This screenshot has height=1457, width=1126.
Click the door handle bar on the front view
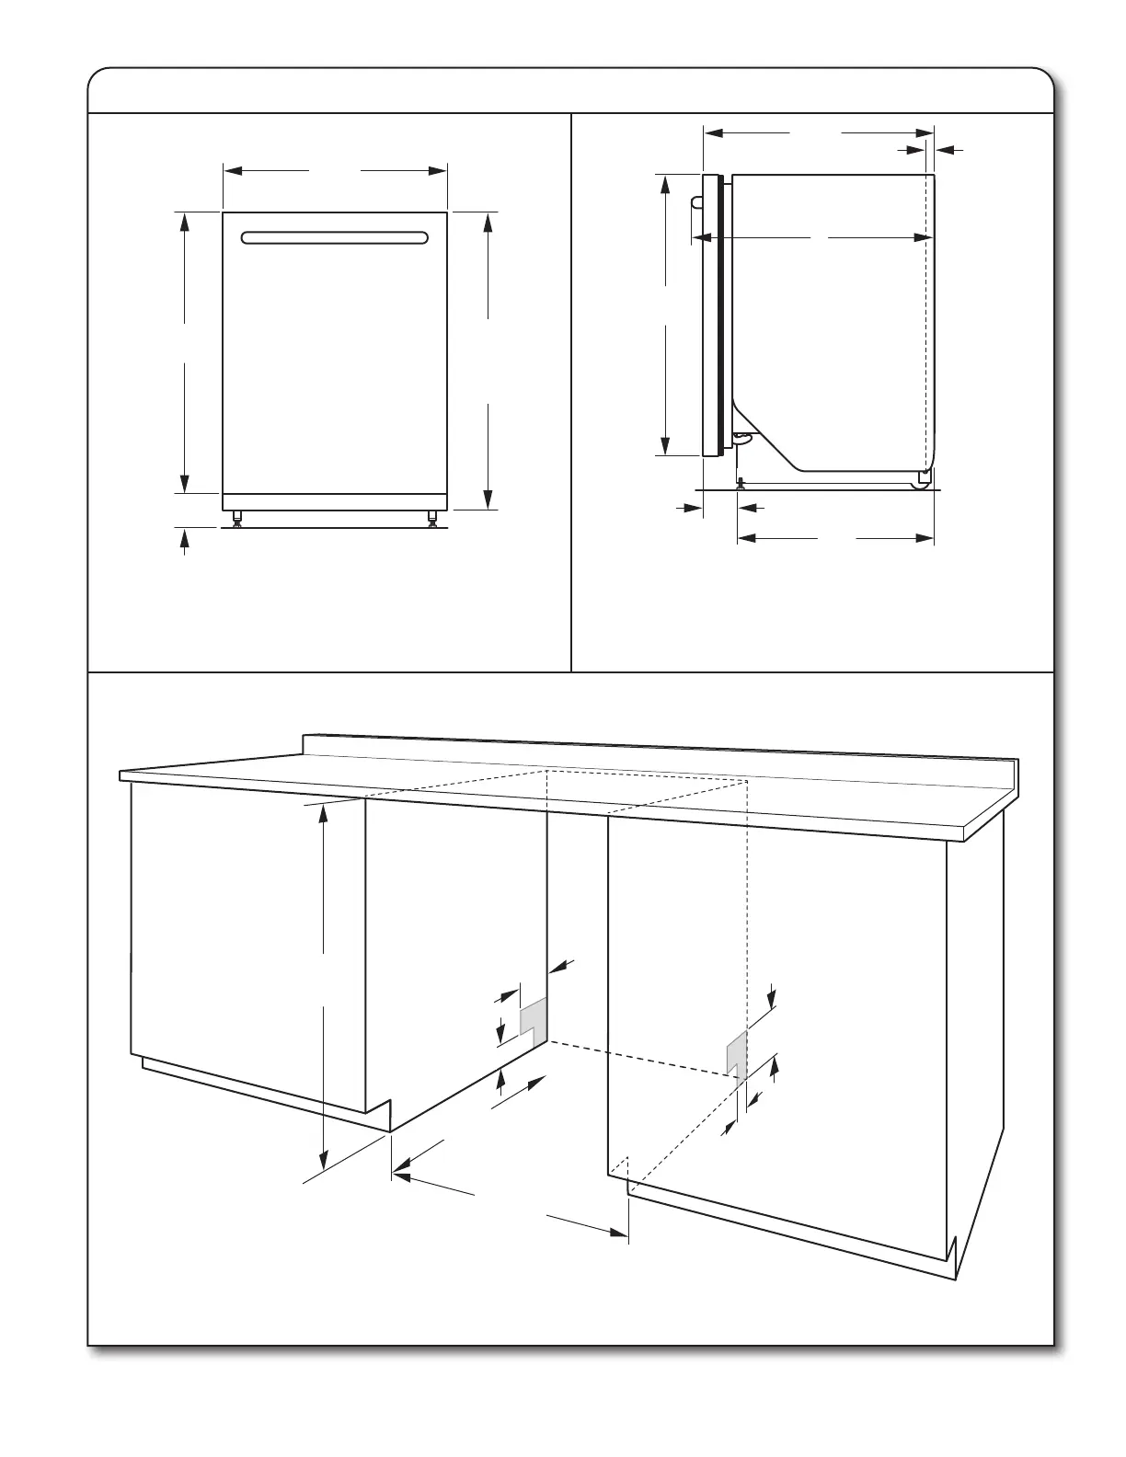coord(335,238)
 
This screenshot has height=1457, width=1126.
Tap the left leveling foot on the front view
coord(238,518)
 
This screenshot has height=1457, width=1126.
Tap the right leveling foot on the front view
coord(431,518)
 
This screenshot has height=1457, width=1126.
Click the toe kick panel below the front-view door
coord(335,501)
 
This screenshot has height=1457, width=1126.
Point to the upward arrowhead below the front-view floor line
coord(185,538)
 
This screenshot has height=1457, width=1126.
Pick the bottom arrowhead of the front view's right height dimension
coord(488,500)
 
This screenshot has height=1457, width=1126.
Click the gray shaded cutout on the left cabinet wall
coord(534,1017)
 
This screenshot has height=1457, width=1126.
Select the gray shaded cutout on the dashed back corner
coord(736,1051)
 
